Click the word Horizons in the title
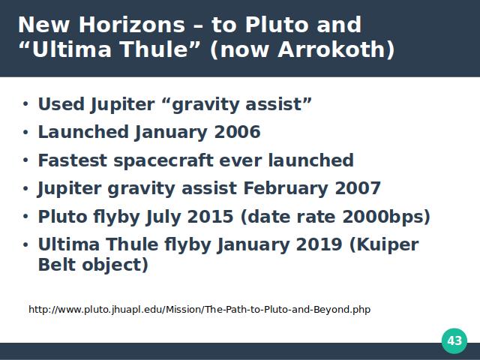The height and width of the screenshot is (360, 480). pyautogui.click(x=132, y=25)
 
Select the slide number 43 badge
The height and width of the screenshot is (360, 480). pyautogui.click(x=454, y=340)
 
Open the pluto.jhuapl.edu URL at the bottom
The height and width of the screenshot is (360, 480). pyautogui.click(x=199, y=309)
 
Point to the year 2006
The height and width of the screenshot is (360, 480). pyautogui.click(x=237, y=132)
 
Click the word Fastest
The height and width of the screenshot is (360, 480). pyautogui.click(x=73, y=160)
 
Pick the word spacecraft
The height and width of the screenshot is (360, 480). pyautogui.click(x=163, y=160)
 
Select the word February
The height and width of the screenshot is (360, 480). pyautogui.click(x=286, y=188)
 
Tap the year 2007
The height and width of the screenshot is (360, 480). pyautogui.click(x=358, y=188)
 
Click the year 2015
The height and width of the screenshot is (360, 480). pyautogui.click(x=210, y=217)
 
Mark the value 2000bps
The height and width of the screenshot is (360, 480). pyautogui.click(x=386, y=217)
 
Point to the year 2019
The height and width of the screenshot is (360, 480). pyautogui.click(x=319, y=244)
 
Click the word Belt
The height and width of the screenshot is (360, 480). pyautogui.click(x=57, y=265)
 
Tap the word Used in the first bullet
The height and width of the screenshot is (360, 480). pyautogui.click(x=61, y=104)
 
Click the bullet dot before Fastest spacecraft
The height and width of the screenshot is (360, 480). pyautogui.click(x=25, y=160)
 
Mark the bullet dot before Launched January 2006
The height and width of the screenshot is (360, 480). pyautogui.click(x=25, y=132)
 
